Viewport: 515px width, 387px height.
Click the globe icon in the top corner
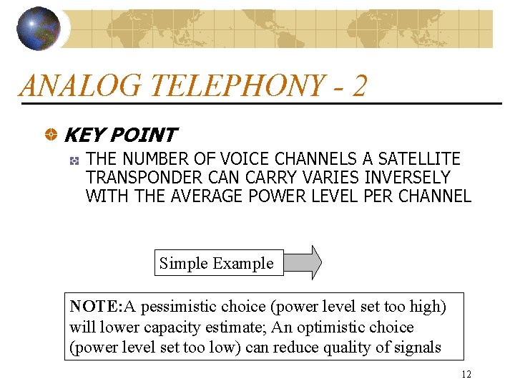[39, 29]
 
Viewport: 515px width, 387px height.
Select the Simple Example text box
[217, 263]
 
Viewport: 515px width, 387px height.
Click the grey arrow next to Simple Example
[303, 262]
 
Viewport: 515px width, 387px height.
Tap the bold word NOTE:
[97, 307]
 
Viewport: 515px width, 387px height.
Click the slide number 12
[466, 374]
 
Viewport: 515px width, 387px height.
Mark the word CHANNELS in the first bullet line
[312, 158]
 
